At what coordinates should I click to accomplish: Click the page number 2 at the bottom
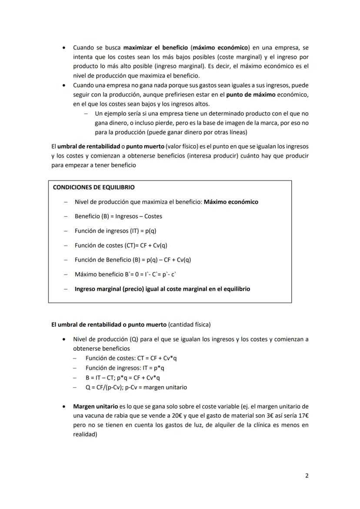(x=307, y=476)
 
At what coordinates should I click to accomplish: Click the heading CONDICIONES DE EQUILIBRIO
(x=93, y=187)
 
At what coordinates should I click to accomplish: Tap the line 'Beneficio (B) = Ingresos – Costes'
(x=118, y=216)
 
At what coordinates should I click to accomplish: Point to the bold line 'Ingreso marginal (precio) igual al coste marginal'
(x=162, y=289)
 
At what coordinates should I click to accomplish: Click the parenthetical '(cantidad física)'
(x=189, y=325)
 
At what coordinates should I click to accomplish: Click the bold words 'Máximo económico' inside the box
(x=231, y=202)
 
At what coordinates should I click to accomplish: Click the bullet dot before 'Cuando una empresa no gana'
(x=64, y=85)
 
